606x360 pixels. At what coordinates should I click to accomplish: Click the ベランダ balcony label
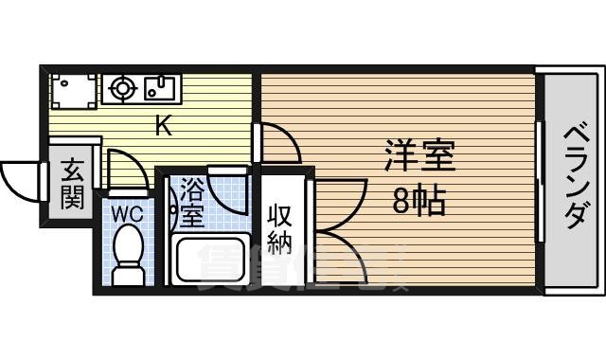(574, 179)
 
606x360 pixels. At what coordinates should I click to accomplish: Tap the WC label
(128, 214)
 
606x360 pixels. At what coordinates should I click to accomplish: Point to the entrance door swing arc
(19, 177)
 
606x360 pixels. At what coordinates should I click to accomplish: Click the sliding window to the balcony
(540, 180)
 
